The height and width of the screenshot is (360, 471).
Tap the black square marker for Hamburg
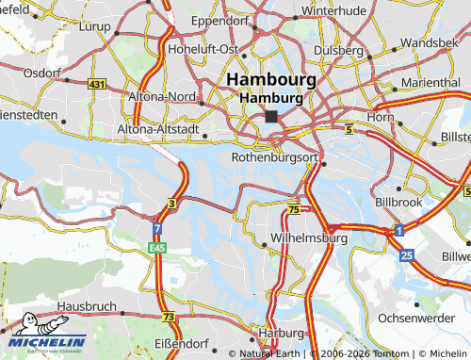pos(272,117)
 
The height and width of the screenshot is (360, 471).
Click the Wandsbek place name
pos(429,42)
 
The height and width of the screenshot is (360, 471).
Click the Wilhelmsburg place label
pos(309,238)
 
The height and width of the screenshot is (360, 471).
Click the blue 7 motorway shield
pos(155,229)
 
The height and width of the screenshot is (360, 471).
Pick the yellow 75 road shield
pos(295,209)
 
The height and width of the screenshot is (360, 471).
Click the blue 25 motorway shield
pos(406,255)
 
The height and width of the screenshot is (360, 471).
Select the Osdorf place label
pos(42,73)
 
